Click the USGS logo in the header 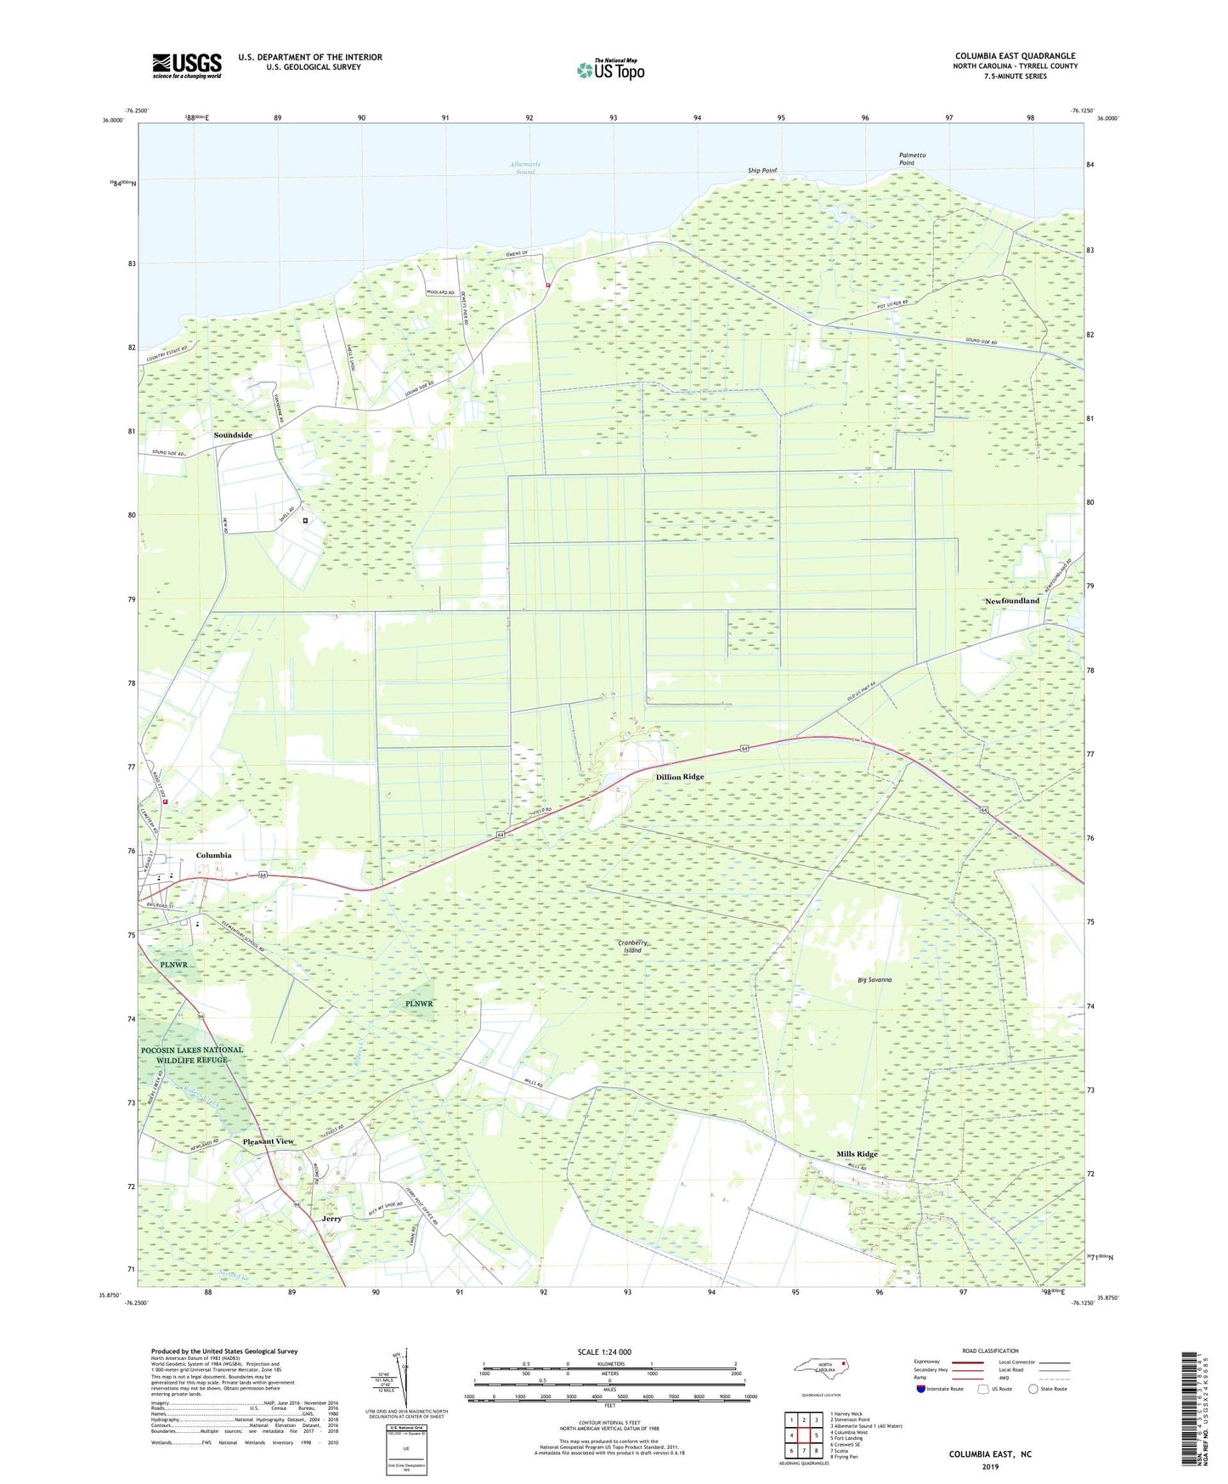[x=187, y=65]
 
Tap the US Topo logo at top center [x=610, y=70]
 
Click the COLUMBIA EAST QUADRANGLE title [x=1015, y=56]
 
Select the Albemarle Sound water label [x=525, y=167]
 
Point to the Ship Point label [x=762, y=171]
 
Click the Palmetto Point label [x=912, y=159]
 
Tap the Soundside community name [x=233, y=435]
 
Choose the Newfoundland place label [x=1011, y=601]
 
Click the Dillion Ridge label [x=679, y=777]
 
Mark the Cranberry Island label [x=633, y=946]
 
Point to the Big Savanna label [x=874, y=980]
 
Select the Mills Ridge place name [x=857, y=1154]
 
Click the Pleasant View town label [x=268, y=1141]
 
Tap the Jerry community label [x=331, y=1219]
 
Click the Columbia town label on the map [x=213, y=855]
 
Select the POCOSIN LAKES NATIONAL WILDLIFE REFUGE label [x=192, y=1055]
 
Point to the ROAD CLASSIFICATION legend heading [x=991, y=1351]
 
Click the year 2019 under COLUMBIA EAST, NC [x=990, y=1466]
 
